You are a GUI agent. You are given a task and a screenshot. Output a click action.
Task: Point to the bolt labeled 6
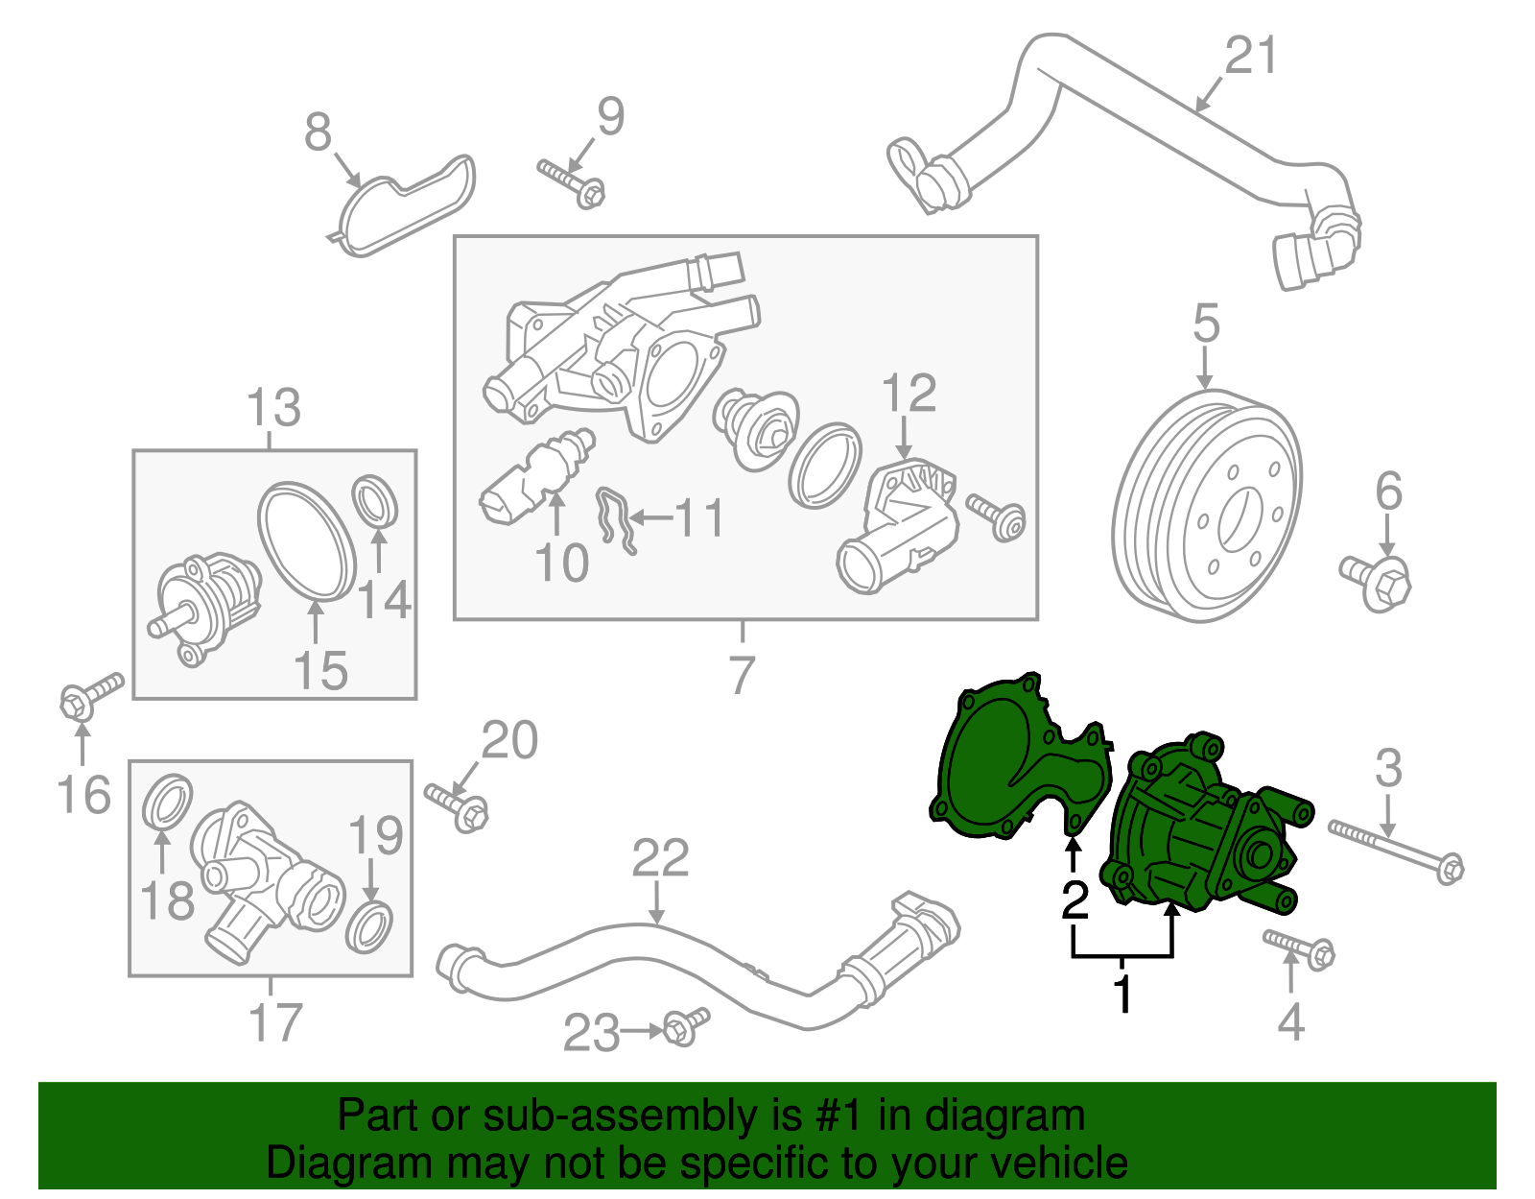tap(1378, 580)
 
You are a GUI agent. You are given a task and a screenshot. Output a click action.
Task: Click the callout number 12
tap(908, 394)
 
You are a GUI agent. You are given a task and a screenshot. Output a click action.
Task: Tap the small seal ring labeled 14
tap(376, 500)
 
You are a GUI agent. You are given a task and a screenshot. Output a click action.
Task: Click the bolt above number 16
tap(91, 696)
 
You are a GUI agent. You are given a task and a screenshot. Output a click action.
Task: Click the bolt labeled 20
tap(458, 805)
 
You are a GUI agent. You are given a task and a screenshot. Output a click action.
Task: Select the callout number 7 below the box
tap(742, 676)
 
